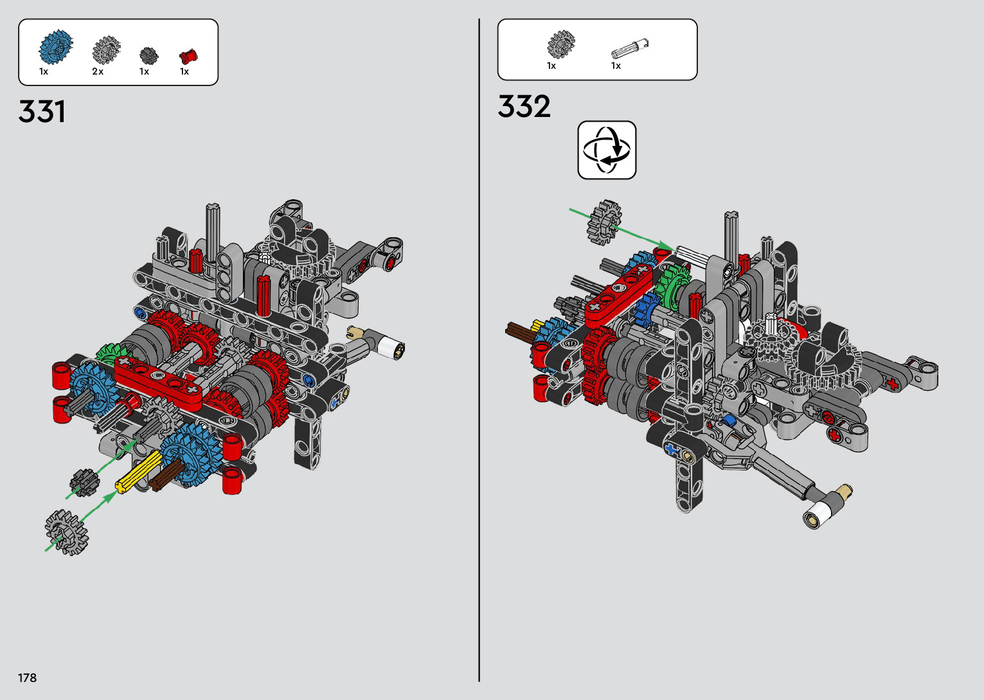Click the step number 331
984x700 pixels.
pyautogui.click(x=42, y=111)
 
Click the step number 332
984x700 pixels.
pyautogui.click(x=524, y=106)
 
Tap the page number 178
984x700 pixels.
pyautogui.click(x=27, y=678)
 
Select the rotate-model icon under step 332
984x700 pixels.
pyautogui.click(x=607, y=150)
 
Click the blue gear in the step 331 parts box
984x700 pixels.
pyautogui.click(x=56, y=46)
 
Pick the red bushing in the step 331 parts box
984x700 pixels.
pyautogui.click(x=188, y=57)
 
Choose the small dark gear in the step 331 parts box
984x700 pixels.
pyautogui.click(x=148, y=55)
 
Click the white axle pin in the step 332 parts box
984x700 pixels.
pyautogui.click(x=629, y=49)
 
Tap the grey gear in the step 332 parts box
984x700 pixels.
pyautogui.click(x=561, y=44)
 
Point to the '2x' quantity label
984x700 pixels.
pyautogui.click(x=98, y=71)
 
